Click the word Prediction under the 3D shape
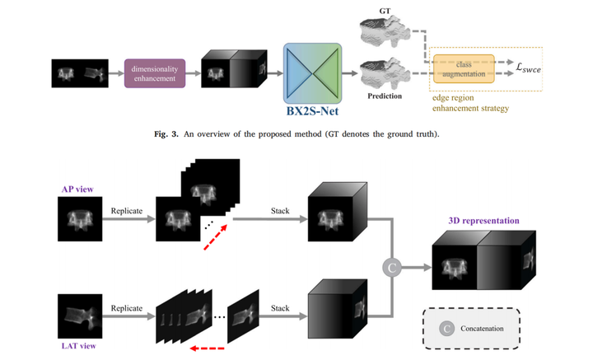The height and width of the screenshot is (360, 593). pyautogui.click(x=385, y=96)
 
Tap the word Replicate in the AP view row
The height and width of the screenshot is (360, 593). pyautogui.click(x=128, y=211)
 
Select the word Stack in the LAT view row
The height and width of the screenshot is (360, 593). pyautogui.click(x=280, y=308)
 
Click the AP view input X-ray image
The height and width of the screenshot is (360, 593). pyautogui.click(x=80, y=221)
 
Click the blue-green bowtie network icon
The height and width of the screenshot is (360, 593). pyautogui.click(x=312, y=72)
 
